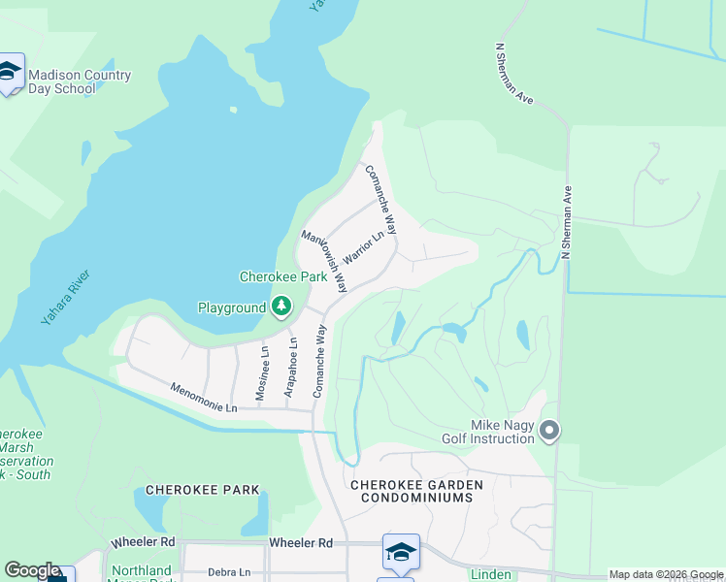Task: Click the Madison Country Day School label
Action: [80, 81]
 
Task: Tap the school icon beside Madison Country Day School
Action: [11, 72]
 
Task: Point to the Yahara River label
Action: [67, 304]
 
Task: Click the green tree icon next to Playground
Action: [281, 307]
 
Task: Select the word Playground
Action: [232, 308]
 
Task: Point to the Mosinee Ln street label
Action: [262, 372]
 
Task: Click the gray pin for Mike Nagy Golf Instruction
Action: [550, 430]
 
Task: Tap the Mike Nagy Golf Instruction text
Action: [503, 432]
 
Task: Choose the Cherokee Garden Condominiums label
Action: [412, 491]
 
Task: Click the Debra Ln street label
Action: [229, 572]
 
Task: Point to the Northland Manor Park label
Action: [141, 574]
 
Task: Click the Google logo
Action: [32, 571]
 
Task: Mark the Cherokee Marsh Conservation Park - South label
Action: [25, 455]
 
